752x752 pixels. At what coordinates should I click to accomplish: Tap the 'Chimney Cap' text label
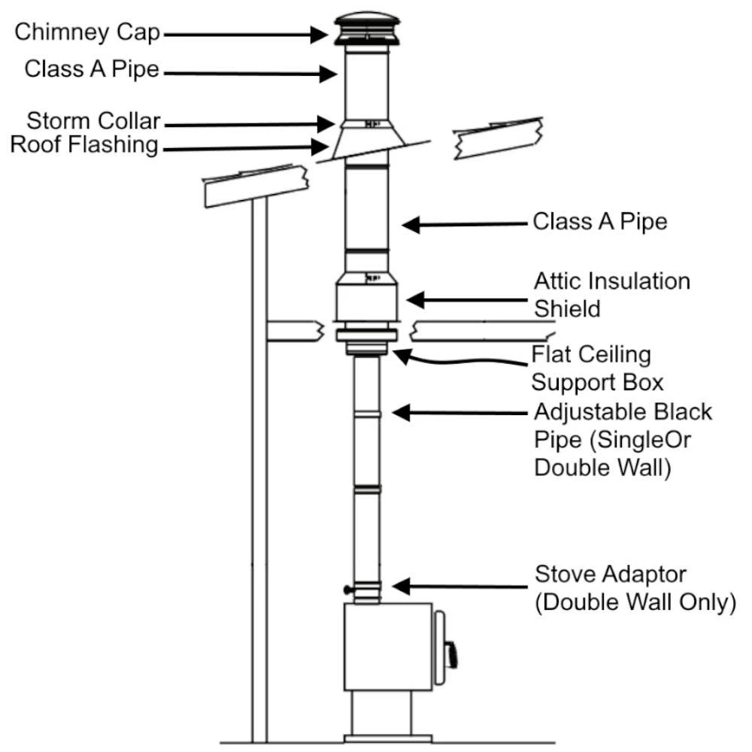[x=89, y=33]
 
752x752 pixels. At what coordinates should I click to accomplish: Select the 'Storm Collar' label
[x=94, y=121]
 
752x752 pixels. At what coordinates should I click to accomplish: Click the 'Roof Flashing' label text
[x=84, y=144]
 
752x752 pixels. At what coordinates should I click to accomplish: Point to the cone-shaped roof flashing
[x=367, y=144]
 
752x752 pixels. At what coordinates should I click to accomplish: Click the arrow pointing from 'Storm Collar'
[x=248, y=123]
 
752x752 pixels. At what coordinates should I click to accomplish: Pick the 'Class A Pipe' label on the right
[x=600, y=222]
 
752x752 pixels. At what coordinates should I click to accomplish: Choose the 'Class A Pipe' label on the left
[x=92, y=69]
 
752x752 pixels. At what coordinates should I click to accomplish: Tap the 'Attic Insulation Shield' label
[x=611, y=294]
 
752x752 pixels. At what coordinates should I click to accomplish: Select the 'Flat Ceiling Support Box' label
[x=597, y=367]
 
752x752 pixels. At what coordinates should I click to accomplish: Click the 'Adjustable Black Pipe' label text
[x=622, y=439]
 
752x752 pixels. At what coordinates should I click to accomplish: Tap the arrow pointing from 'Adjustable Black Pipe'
[x=459, y=413]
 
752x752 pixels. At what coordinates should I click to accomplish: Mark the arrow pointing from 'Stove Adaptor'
[x=459, y=585]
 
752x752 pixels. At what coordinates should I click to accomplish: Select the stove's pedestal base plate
[x=388, y=738]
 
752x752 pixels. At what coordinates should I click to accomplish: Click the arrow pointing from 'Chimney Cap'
[x=248, y=34]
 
